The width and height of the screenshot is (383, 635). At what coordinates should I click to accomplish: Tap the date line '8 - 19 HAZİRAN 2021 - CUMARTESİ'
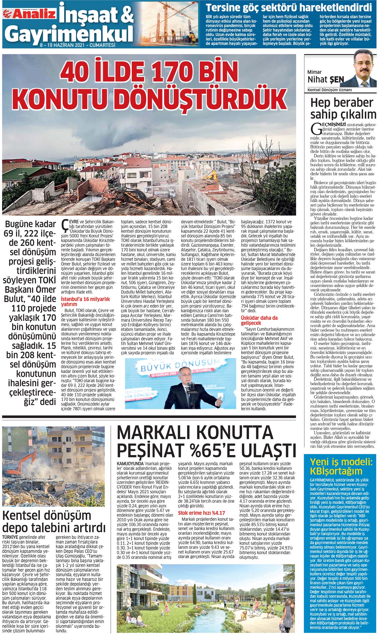click(77, 46)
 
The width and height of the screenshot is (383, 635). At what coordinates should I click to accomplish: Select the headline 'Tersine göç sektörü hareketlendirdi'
click(288, 7)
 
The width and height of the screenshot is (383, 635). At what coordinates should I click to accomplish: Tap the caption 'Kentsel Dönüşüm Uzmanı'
click(330, 90)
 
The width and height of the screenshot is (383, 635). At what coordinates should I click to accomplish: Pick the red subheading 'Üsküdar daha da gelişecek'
click(259, 320)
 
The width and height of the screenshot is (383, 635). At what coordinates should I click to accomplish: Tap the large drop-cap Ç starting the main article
click(64, 226)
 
